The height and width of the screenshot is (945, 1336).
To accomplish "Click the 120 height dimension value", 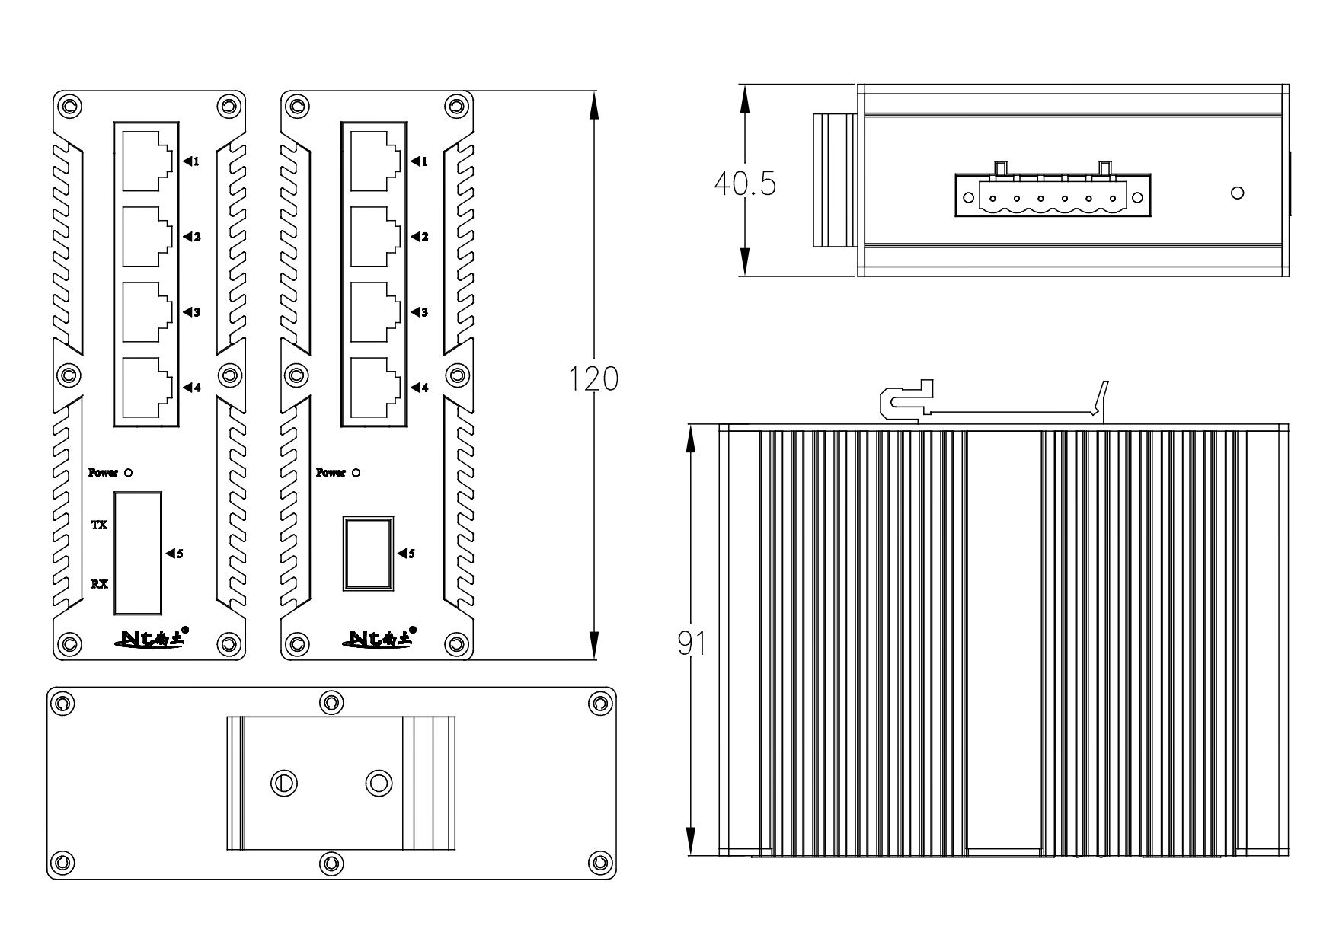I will tap(594, 378).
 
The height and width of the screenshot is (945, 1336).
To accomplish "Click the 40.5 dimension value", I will tap(744, 184).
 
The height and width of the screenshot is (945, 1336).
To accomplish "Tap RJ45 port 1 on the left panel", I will tap(146, 161).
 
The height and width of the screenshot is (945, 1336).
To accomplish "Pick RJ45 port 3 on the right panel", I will tap(375, 312).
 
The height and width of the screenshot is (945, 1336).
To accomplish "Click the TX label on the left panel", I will tap(99, 525).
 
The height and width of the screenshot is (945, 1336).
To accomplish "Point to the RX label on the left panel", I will tap(99, 585).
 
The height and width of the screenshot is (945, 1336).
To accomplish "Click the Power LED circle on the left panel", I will tap(129, 473).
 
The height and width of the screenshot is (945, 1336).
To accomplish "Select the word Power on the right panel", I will tap(331, 473).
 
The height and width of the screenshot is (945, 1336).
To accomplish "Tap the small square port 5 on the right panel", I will tap(368, 554).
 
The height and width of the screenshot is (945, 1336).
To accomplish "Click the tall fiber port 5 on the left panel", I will tap(138, 553).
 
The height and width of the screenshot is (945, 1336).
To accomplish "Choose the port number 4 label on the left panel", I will tap(197, 388).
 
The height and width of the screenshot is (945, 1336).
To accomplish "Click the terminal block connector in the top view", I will tap(1053, 196).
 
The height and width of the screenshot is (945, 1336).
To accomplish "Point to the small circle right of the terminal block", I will tap(1238, 194).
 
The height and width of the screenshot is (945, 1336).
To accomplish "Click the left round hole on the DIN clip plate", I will tap(284, 782).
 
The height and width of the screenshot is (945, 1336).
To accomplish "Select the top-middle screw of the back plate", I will tap(331, 702).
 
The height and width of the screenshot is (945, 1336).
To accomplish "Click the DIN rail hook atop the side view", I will tap(906, 401).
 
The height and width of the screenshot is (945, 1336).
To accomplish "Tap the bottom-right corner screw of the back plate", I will tap(600, 863).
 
